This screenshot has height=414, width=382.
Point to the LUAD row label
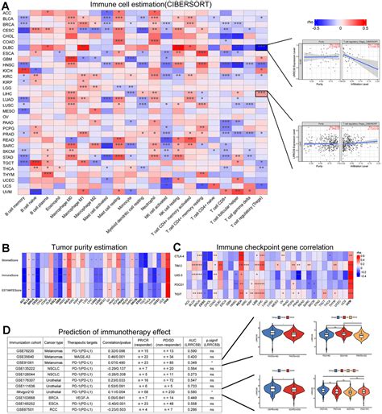[x=8, y=100]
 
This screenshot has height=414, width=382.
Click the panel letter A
[x=4, y=5]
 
